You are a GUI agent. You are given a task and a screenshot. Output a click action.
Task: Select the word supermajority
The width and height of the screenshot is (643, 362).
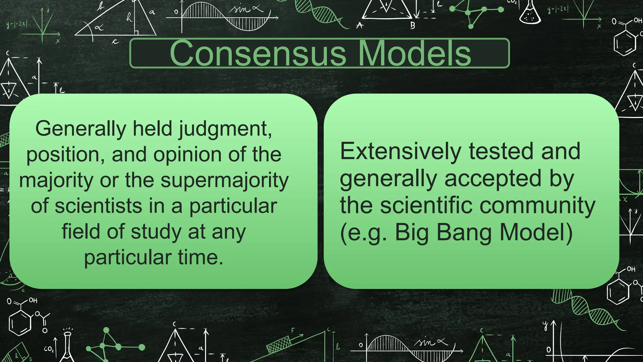pos(224,181)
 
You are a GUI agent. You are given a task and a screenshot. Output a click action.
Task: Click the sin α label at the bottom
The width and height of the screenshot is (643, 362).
pos(430,342)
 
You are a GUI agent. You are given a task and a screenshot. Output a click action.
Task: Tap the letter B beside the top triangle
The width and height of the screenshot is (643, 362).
pos(413,25)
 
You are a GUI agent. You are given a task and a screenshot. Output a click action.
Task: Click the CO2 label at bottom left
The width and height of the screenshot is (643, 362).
pos(49,349)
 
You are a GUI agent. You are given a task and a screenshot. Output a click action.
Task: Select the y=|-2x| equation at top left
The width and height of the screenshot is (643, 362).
pos(17,24)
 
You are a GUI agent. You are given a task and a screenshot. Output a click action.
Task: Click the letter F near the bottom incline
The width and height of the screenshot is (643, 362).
pos(293,330)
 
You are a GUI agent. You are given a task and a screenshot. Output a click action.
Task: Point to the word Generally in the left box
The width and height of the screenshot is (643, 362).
pos(80,129)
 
